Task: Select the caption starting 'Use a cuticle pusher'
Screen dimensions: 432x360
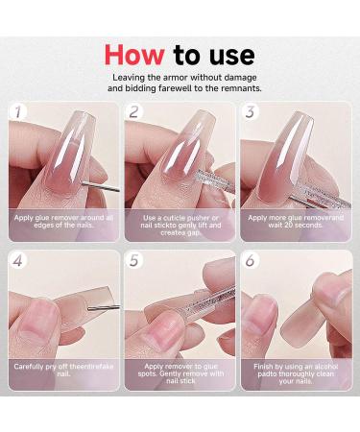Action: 180,223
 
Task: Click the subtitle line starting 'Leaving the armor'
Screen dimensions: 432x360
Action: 180,76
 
